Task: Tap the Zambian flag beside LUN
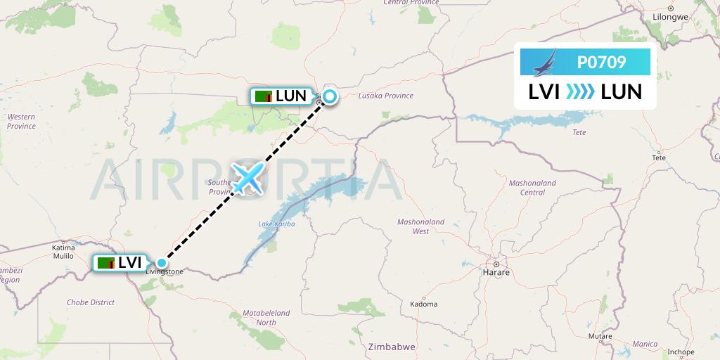tap(264, 96)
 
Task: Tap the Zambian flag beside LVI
tap(106, 263)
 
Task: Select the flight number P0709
tap(601, 63)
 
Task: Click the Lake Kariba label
tap(276, 224)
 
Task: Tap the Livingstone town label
tap(164, 271)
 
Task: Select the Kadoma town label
tap(423, 304)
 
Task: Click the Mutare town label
tap(600, 337)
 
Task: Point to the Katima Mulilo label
tap(63, 252)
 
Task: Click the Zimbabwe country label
tap(392, 347)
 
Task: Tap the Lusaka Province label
tap(385, 96)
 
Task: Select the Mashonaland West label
tap(421, 226)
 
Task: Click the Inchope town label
tap(681, 352)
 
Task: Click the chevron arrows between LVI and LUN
tap(580, 91)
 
